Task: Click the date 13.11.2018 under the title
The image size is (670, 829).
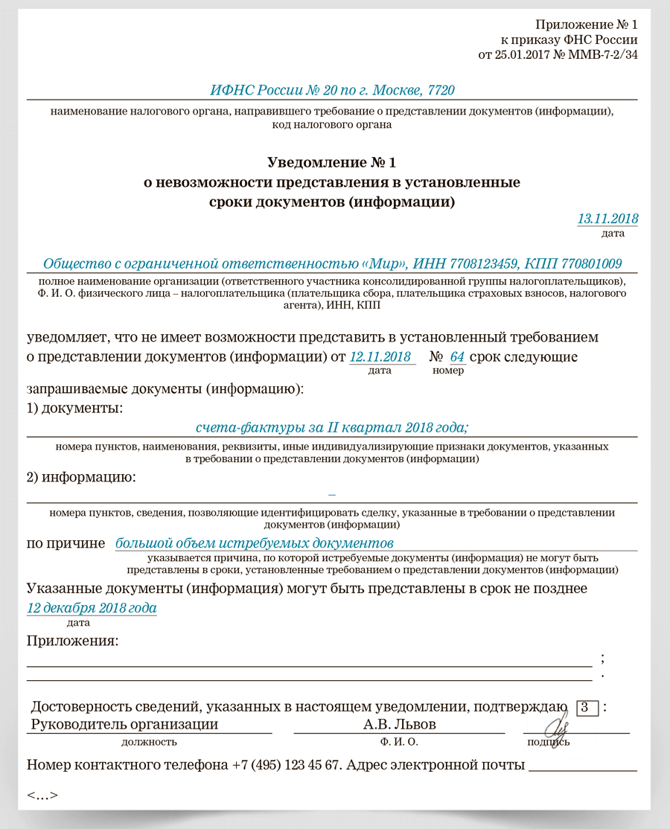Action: pyautogui.click(x=607, y=219)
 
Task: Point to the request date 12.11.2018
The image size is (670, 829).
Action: pyautogui.click(x=380, y=357)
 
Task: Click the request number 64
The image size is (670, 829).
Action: pyautogui.click(x=457, y=357)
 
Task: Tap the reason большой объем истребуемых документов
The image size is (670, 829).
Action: pyautogui.click(x=254, y=543)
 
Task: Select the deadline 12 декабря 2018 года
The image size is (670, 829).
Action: pyautogui.click(x=92, y=608)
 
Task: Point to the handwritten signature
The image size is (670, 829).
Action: pyautogui.click(x=558, y=723)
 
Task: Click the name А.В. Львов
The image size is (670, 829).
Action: pyautogui.click(x=400, y=724)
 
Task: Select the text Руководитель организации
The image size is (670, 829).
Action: pyautogui.click(x=125, y=724)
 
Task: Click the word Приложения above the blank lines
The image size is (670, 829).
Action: pyautogui.click(x=73, y=641)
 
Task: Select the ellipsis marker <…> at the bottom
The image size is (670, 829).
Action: pyautogui.click(x=42, y=795)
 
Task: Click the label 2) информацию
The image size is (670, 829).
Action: pyautogui.click(x=81, y=477)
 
